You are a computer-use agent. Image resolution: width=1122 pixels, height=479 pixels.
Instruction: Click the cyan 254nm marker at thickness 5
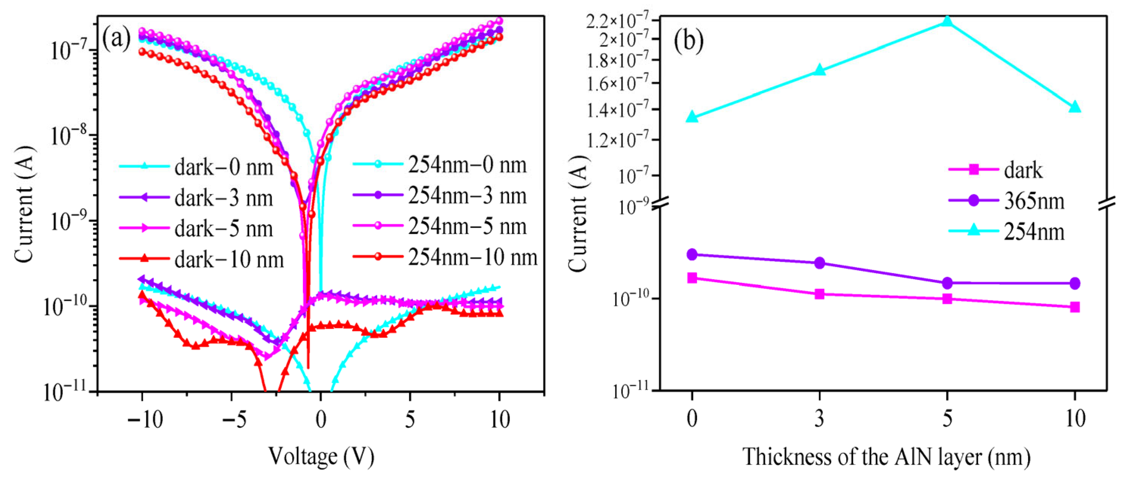coord(947,21)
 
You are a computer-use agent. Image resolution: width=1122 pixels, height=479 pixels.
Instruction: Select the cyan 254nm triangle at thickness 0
coord(692,117)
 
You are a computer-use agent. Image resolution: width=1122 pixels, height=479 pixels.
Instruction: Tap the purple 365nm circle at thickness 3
coord(819,262)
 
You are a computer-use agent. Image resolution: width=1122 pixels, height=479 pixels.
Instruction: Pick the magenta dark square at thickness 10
coord(1075,307)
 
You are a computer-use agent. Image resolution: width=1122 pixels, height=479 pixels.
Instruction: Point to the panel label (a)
coord(116,39)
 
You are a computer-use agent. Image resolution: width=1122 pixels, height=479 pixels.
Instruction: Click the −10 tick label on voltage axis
coord(145,420)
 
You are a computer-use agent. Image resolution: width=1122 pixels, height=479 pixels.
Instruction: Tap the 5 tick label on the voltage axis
coord(409,420)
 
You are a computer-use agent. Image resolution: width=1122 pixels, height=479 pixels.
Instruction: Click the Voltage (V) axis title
coord(321,457)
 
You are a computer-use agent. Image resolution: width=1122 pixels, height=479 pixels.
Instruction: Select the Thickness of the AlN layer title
coord(886,457)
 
